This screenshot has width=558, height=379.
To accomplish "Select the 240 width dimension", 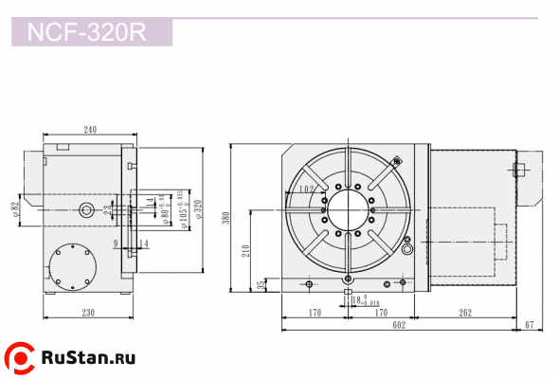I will [x=90, y=130].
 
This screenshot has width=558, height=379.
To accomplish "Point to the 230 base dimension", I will [x=87, y=312].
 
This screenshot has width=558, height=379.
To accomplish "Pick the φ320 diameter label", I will [x=198, y=209].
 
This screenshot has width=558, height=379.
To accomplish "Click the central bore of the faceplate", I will [x=349, y=209].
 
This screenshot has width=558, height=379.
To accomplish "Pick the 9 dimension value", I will [x=115, y=244].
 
